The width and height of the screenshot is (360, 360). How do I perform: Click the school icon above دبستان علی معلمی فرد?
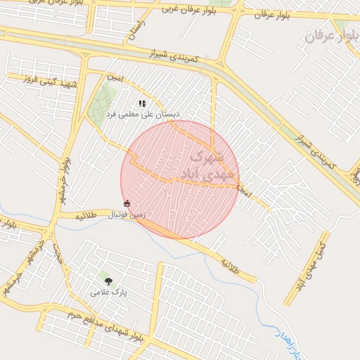[142, 103]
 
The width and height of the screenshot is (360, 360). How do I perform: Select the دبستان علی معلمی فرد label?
[143, 113]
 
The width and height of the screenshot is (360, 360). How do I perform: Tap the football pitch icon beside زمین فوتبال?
[127, 203]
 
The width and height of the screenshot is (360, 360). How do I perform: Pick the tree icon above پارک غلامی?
[108, 281]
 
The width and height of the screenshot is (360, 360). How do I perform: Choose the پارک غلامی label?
[108, 291]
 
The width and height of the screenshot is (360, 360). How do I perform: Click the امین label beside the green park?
[115, 77]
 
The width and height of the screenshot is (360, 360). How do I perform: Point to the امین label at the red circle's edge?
[243, 190]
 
